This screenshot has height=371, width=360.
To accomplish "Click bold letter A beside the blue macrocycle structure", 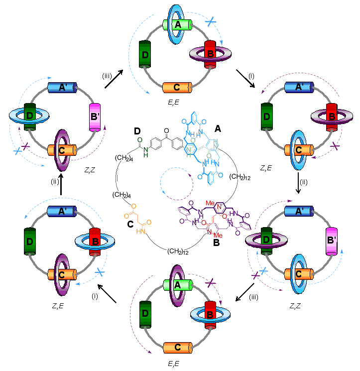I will coord(217,128).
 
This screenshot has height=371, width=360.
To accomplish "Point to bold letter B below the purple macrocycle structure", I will coord(216,244).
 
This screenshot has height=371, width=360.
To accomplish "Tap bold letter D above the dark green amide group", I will coord(137,131).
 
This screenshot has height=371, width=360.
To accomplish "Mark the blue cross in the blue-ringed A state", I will coord(211,21).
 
